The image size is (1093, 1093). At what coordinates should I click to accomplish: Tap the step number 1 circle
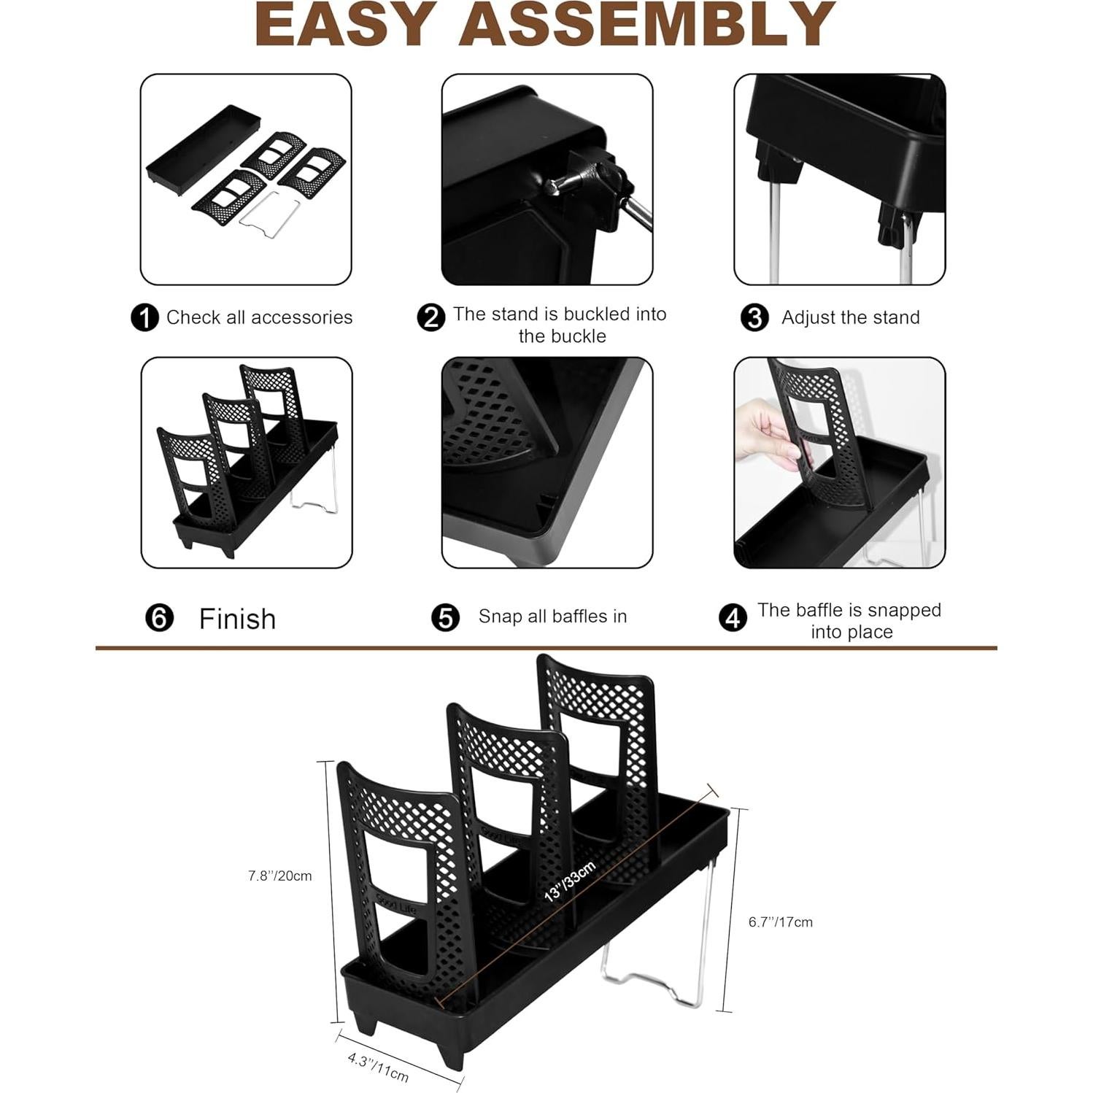point(144,318)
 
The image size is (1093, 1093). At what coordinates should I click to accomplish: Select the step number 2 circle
point(430,318)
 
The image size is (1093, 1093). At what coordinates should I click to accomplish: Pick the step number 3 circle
point(754,318)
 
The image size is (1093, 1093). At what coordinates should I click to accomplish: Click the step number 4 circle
point(733,618)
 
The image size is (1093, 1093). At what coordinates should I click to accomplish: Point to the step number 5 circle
point(445,617)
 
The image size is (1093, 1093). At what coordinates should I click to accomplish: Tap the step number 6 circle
point(159,618)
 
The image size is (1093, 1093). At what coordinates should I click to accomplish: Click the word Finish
point(237,619)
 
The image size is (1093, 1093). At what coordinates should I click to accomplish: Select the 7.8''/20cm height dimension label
point(279,876)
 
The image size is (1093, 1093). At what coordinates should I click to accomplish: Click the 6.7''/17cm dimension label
point(780,922)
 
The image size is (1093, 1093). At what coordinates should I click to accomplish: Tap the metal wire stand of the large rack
point(657,978)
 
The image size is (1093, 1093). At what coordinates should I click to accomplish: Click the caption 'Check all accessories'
point(259,318)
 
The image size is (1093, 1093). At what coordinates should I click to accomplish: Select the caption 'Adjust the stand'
point(850,318)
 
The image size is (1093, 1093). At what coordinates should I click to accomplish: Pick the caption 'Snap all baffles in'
point(552,617)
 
